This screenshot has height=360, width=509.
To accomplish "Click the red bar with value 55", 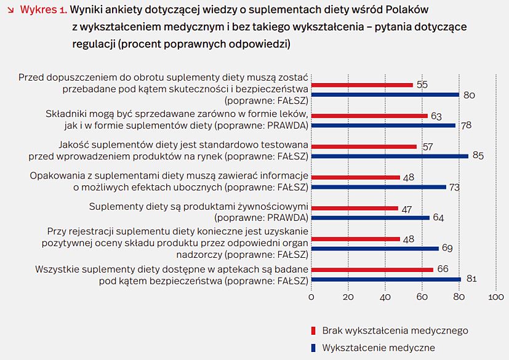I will pyautogui.click(x=362, y=85).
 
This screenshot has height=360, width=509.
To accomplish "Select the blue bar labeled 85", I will pyautogui.click(x=390, y=156).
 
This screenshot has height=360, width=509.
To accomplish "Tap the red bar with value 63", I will pyautogui.click(x=369, y=116).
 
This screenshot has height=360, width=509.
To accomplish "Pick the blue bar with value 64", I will pyautogui.click(x=370, y=218).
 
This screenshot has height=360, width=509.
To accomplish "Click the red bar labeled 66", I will pyautogui.click(x=372, y=270).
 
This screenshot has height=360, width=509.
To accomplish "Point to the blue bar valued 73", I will pyautogui.click(x=379, y=187).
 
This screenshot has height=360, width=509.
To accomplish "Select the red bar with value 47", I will pyautogui.click(x=355, y=208).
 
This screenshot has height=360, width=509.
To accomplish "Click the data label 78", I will pyautogui.click(x=467, y=126).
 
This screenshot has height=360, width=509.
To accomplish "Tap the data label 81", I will pyautogui.click(x=472, y=279).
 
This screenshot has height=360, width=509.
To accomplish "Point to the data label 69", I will pyautogui.click(x=447, y=249).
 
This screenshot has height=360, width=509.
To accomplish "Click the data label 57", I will pyautogui.click(x=427, y=146).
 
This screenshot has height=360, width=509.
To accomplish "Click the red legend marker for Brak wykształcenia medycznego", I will pyautogui.click(x=313, y=330).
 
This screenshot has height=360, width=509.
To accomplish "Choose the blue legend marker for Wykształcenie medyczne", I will pyautogui.click(x=313, y=348).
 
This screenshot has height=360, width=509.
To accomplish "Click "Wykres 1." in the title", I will pyautogui.click(x=43, y=10).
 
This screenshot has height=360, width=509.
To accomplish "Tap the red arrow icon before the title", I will pyautogui.click(x=10, y=10).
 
